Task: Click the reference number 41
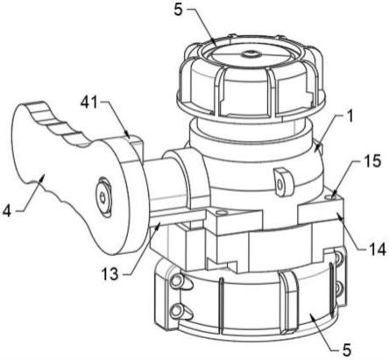click(90, 103)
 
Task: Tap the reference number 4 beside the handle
click(7, 211)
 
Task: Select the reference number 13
click(110, 274)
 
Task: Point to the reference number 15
click(372, 161)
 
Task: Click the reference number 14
click(377, 250)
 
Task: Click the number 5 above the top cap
click(178, 10)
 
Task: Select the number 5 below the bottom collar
click(346, 349)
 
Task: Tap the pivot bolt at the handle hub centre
click(103, 197)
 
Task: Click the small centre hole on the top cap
click(250, 53)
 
